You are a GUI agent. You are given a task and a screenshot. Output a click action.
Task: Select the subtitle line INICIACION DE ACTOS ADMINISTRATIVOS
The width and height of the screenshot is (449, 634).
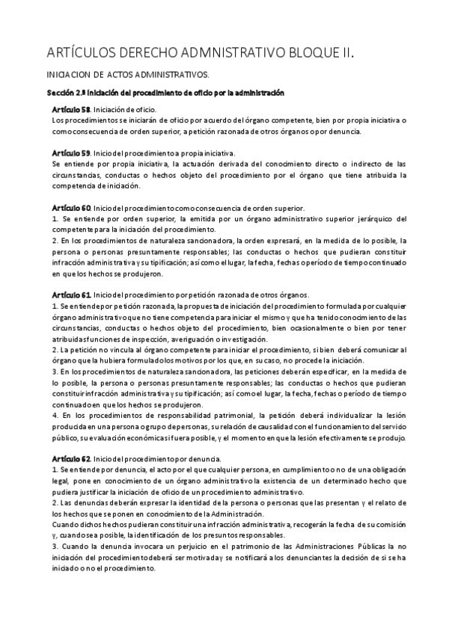click(x=128, y=76)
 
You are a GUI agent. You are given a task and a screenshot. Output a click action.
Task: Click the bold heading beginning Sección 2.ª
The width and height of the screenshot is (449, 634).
click(x=165, y=93)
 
